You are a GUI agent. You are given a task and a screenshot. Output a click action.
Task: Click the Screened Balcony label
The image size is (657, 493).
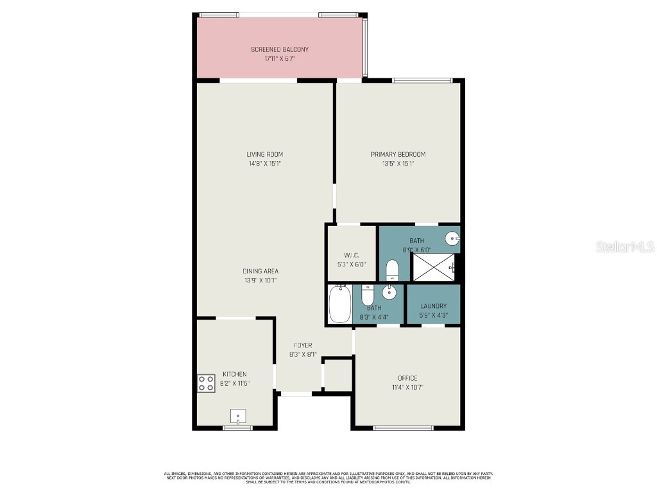click(279, 49)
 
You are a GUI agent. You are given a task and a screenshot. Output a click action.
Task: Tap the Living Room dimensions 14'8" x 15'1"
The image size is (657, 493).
click(265, 164)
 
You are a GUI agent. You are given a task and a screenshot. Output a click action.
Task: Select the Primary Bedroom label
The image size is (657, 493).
click(398, 154)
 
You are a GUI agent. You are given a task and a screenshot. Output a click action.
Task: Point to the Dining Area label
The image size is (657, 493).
click(260, 271)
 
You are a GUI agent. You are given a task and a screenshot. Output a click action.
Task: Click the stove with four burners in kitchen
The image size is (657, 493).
click(206, 383)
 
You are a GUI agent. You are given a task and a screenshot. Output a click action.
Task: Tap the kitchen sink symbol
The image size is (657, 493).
click(238, 417)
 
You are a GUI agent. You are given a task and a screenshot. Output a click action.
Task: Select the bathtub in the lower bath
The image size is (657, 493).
click(339, 304)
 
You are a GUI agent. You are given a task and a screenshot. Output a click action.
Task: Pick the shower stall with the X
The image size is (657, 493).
click(434, 267)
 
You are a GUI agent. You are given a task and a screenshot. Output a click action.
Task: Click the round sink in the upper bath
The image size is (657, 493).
click(453, 239)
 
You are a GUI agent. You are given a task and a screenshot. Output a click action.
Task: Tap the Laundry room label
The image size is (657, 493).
click(433, 306)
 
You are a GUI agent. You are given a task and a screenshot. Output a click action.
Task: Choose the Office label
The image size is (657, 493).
click(407, 378)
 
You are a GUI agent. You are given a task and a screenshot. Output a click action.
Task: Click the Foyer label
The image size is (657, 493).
click(303, 345)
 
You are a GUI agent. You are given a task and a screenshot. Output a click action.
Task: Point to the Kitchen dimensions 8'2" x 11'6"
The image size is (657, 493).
click(235, 383)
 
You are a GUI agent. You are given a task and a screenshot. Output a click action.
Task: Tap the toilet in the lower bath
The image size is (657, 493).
click(368, 295)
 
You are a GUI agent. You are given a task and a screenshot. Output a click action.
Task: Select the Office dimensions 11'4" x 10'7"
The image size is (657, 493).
click(407, 387)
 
